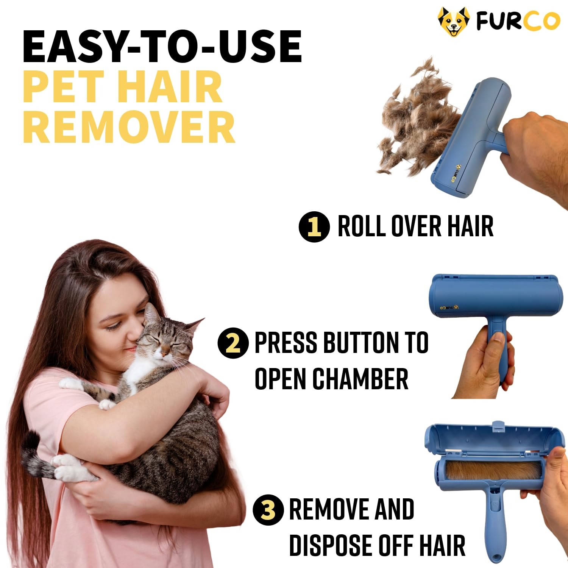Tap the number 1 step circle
tap(314, 227)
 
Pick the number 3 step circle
tap(268, 510)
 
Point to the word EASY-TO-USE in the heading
tap(162, 47)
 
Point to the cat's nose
tap(163, 354)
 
